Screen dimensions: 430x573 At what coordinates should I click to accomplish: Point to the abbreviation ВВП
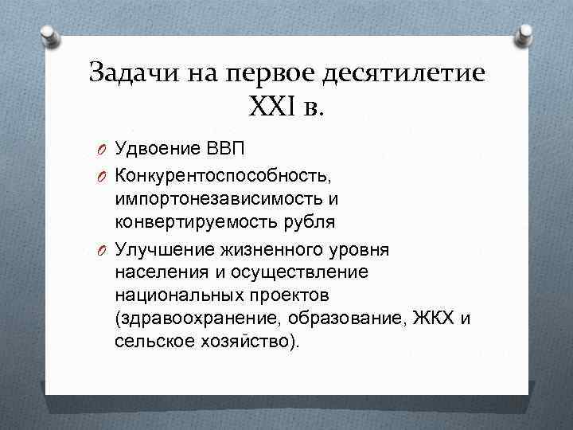point(225,148)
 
